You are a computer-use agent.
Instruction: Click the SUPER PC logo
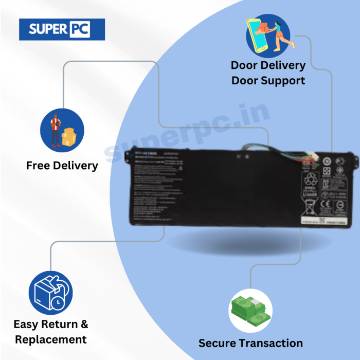[62, 29]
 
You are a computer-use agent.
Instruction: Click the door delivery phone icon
[268, 35]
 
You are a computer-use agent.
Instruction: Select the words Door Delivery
[268, 65]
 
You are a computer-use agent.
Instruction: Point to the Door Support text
[268, 81]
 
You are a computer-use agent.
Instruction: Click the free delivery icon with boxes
[62, 130]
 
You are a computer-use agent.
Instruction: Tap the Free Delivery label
[62, 166]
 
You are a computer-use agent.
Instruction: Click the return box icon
[50, 292]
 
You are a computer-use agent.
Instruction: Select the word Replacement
[51, 339]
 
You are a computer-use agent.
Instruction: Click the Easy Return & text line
[51, 324]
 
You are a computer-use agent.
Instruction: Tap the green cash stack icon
[250, 311]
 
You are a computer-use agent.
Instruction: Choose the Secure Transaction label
[250, 343]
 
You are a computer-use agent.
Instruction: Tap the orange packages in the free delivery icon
[68, 136]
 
